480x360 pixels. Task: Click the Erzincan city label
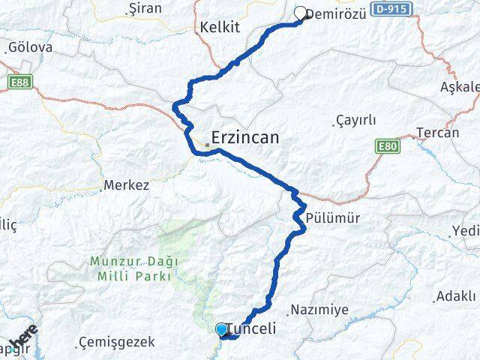point(245,138)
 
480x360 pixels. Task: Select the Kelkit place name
point(220,27)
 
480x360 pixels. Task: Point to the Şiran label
point(145,9)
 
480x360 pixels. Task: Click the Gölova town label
point(31,47)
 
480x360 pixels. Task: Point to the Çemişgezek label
point(116,342)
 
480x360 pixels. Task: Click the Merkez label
point(126,184)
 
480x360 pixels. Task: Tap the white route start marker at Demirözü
point(301,13)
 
